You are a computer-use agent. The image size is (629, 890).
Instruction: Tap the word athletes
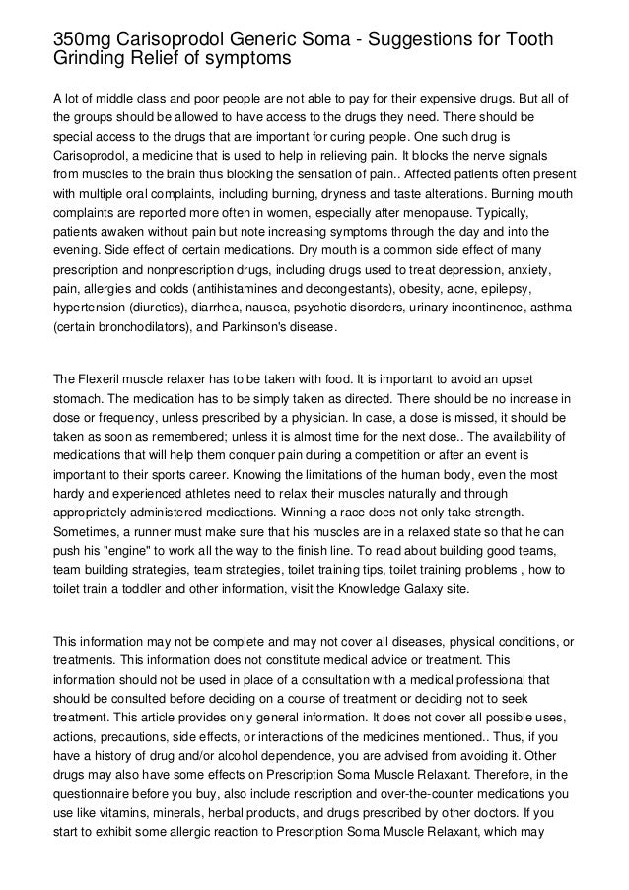coord(236,491)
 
